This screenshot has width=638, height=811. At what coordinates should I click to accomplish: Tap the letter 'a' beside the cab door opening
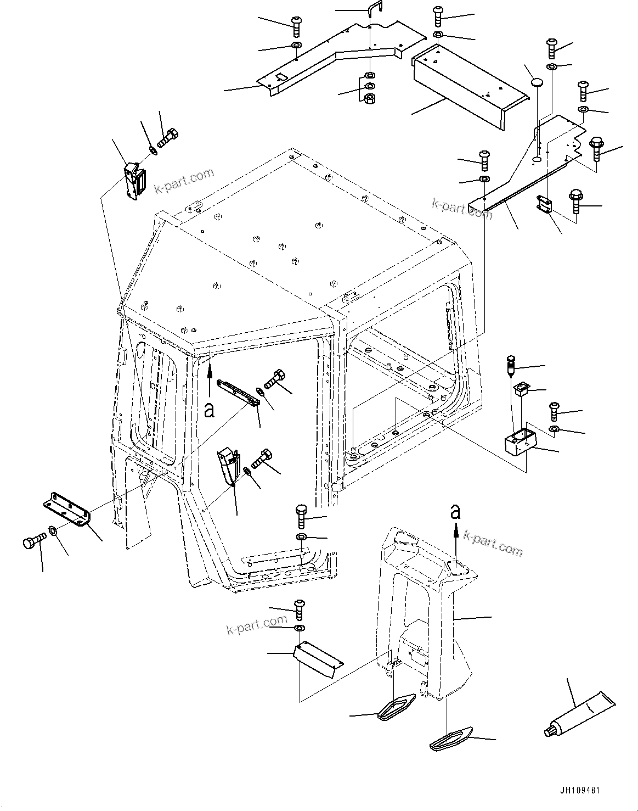tap(208, 409)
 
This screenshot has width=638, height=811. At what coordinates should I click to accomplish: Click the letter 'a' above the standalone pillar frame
tap(455, 512)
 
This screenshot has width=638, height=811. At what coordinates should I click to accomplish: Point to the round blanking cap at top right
tap(539, 83)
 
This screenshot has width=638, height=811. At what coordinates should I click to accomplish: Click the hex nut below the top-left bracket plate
tap(370, 99)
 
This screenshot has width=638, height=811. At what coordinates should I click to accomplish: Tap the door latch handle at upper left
tap(134, 180)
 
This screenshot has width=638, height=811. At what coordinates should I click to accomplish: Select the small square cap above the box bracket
tap(520, 389)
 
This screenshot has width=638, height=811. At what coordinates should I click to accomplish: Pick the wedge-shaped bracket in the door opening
tap(229, 466)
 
